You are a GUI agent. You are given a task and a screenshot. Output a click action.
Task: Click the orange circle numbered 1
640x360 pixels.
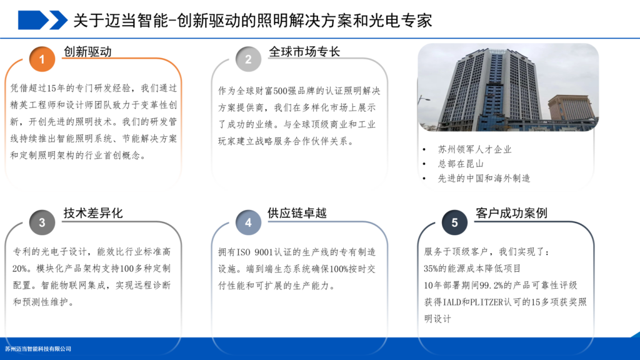(x=42, y=59)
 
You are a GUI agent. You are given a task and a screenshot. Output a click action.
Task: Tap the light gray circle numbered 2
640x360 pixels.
(x=248, y=59)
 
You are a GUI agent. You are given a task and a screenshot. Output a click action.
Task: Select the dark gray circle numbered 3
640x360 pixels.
(x=42, y=222)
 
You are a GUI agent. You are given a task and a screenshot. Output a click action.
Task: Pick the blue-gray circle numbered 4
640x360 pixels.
(x=248, y=222)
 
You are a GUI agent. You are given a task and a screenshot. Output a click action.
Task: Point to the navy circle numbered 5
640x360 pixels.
(x=454, y=222)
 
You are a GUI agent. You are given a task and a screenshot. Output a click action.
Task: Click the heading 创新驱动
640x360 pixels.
(x=87, y=52)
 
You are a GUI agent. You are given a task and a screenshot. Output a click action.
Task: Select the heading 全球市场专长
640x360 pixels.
(x=304, y=52)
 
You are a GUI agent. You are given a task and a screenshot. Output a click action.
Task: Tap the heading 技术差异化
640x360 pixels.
(x=93, y=213)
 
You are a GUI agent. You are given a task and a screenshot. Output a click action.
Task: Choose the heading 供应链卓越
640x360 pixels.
(x=297, y=213)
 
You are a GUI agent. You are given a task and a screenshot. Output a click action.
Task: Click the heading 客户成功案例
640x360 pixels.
(x=511, y=213)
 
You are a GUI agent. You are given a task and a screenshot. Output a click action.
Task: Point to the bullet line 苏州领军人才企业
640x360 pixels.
(x=475, y=149)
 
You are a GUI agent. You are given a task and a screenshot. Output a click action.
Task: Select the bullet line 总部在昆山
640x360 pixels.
(x=461, y=164)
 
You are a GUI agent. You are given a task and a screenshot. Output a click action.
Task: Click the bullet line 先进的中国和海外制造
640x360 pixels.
(x=484, y=178)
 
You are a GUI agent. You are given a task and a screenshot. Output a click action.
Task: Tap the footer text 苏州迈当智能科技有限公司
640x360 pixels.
(x=38, y=349)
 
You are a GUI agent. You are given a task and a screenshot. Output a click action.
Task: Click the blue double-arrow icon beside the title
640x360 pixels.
(x=42, y=20)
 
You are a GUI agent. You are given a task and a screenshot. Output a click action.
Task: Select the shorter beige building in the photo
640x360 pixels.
(x=571, y=108)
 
